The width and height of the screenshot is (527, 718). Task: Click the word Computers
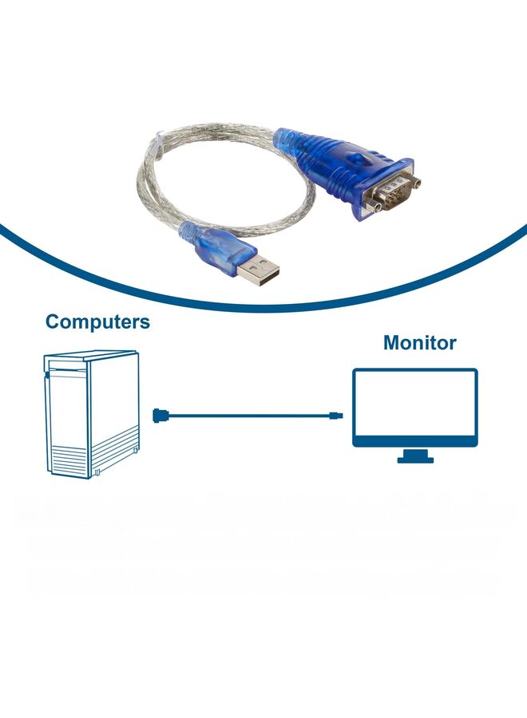coord(97,322)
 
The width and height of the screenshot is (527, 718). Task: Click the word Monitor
coord(419,343)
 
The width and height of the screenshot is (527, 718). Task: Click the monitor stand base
coord(415,459)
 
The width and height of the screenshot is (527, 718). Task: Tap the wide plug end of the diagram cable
coord(160,414)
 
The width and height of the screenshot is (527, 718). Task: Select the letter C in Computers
coord(54,322)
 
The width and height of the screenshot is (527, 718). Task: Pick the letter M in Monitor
coord(392,343)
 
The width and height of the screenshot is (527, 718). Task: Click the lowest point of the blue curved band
coord(263,305)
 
